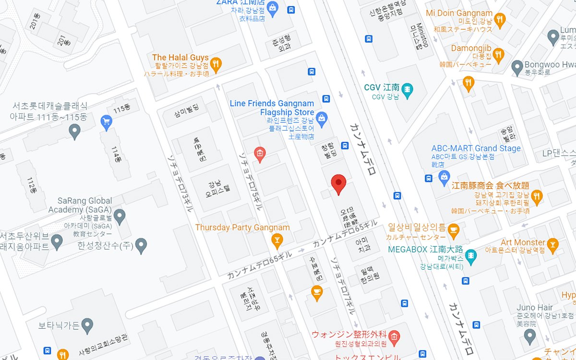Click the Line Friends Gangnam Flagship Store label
(x=272, y=108)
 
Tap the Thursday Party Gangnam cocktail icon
(x=277, y=239)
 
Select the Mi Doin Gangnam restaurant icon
(x=500, y=20)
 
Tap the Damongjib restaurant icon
(x=498, y=55)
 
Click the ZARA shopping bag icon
(x=273, y=8)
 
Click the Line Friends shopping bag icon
(x=322, y=117)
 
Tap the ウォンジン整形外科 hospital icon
(x=394, y=335)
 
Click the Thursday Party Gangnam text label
(x=242, y=228)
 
